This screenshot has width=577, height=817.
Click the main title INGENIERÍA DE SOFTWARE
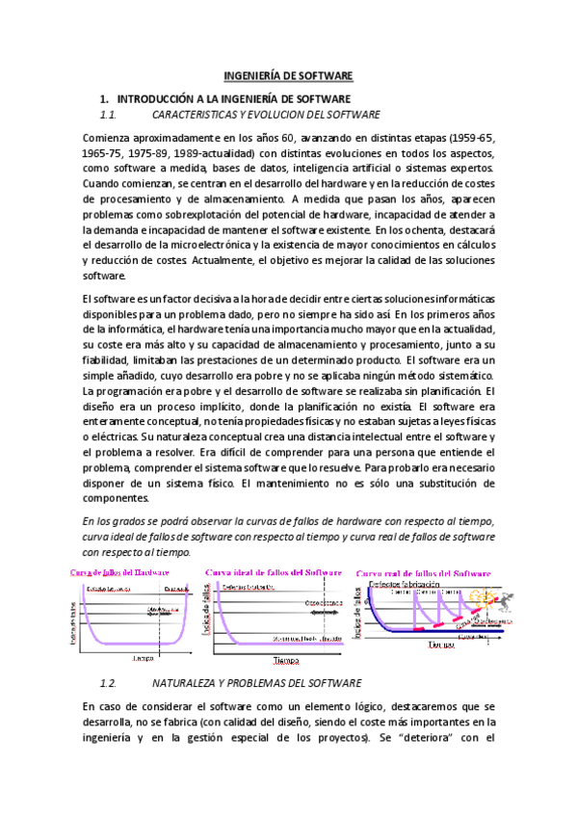(x=289, y=75)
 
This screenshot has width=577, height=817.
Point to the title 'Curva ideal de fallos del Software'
(x=274, y=572)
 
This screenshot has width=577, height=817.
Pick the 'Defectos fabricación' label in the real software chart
(x=405, y=584)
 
